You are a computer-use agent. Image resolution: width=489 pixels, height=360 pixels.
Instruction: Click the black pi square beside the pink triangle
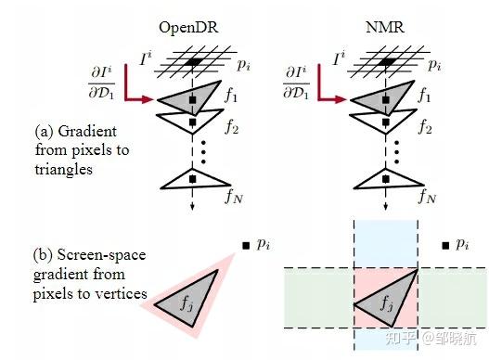pos(246,245)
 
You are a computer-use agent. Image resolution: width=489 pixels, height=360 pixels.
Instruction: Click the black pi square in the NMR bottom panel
pos(446,245)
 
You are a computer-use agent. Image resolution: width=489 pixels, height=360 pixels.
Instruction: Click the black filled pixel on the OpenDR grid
pos(194,61)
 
